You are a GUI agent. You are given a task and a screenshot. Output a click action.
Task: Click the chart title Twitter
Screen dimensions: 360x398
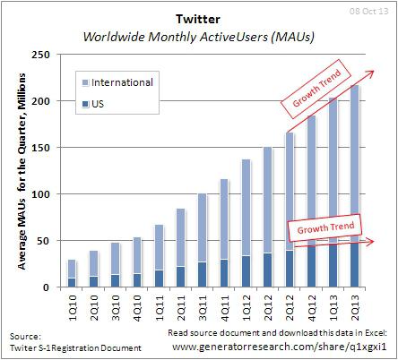198,19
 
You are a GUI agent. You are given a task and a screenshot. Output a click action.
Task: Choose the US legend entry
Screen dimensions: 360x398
99,105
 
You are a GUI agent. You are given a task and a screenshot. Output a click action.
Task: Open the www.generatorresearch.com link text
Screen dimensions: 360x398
278,345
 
